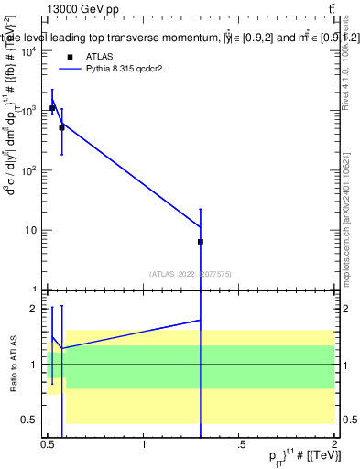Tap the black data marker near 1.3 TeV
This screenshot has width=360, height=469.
tap(201, 242)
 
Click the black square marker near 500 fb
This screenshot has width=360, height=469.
tap(61, 128)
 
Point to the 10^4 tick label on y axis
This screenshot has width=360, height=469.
tap(27, 51)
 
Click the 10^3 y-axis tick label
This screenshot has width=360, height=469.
tap(27, 111)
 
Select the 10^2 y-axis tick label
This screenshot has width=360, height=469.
tap(27, 170)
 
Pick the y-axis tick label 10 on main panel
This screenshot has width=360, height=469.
tap(30, 230)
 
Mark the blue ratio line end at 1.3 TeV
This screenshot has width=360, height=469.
tap(201, 320)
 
